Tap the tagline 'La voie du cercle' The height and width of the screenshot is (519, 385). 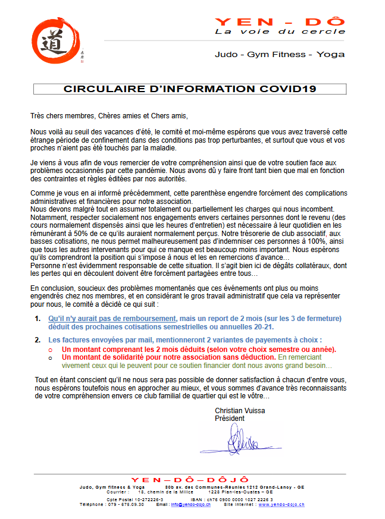click(280, 32)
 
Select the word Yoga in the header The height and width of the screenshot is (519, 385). click(331, 54)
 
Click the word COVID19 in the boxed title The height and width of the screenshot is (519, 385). click(288, 89)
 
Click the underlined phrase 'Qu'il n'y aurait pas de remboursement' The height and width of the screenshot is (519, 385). click(112, 319)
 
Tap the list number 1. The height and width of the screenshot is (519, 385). click(37, 319)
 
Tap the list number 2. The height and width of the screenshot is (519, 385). click(37, 339)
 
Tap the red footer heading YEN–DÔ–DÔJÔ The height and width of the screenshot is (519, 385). click(190, 480)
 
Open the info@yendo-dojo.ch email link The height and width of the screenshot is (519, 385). click(190, 505)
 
